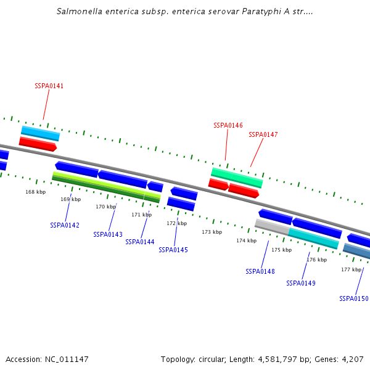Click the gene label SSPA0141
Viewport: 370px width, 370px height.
49,86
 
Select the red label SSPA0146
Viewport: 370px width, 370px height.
228,125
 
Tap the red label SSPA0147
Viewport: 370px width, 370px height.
263,134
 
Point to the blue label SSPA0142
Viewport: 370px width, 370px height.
65,225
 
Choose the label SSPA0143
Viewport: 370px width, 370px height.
108,234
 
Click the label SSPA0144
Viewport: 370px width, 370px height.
140,242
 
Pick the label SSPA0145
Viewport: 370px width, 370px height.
173,250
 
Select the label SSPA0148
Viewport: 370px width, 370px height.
260,271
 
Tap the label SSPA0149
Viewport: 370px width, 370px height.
301,283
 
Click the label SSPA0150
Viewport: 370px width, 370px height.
354,298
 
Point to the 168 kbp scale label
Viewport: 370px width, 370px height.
35,192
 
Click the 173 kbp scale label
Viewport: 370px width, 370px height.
212,232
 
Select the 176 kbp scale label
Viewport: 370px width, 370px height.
316,260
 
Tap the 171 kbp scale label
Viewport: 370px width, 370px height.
141,215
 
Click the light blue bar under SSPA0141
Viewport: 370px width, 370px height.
40,133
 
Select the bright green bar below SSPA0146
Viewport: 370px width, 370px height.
237,177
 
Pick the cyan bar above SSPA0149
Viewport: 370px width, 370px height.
313,239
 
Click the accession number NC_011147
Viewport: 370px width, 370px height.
66,359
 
